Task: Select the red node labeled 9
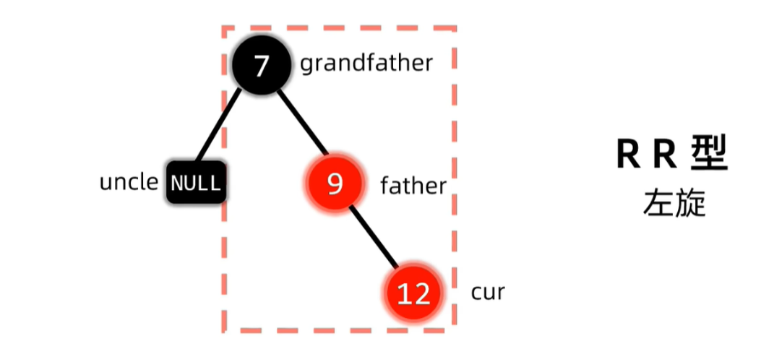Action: click(334, 185)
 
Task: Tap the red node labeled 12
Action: click(413, 293)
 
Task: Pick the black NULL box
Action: click(195, 183)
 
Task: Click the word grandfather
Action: click(366, 64)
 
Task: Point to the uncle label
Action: click(128, 182)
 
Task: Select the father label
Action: click(413, 186)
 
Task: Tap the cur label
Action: click(488, 293)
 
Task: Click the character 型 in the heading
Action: click(708, 154)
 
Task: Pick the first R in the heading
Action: click(629, 155)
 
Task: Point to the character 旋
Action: click(690, 204)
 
